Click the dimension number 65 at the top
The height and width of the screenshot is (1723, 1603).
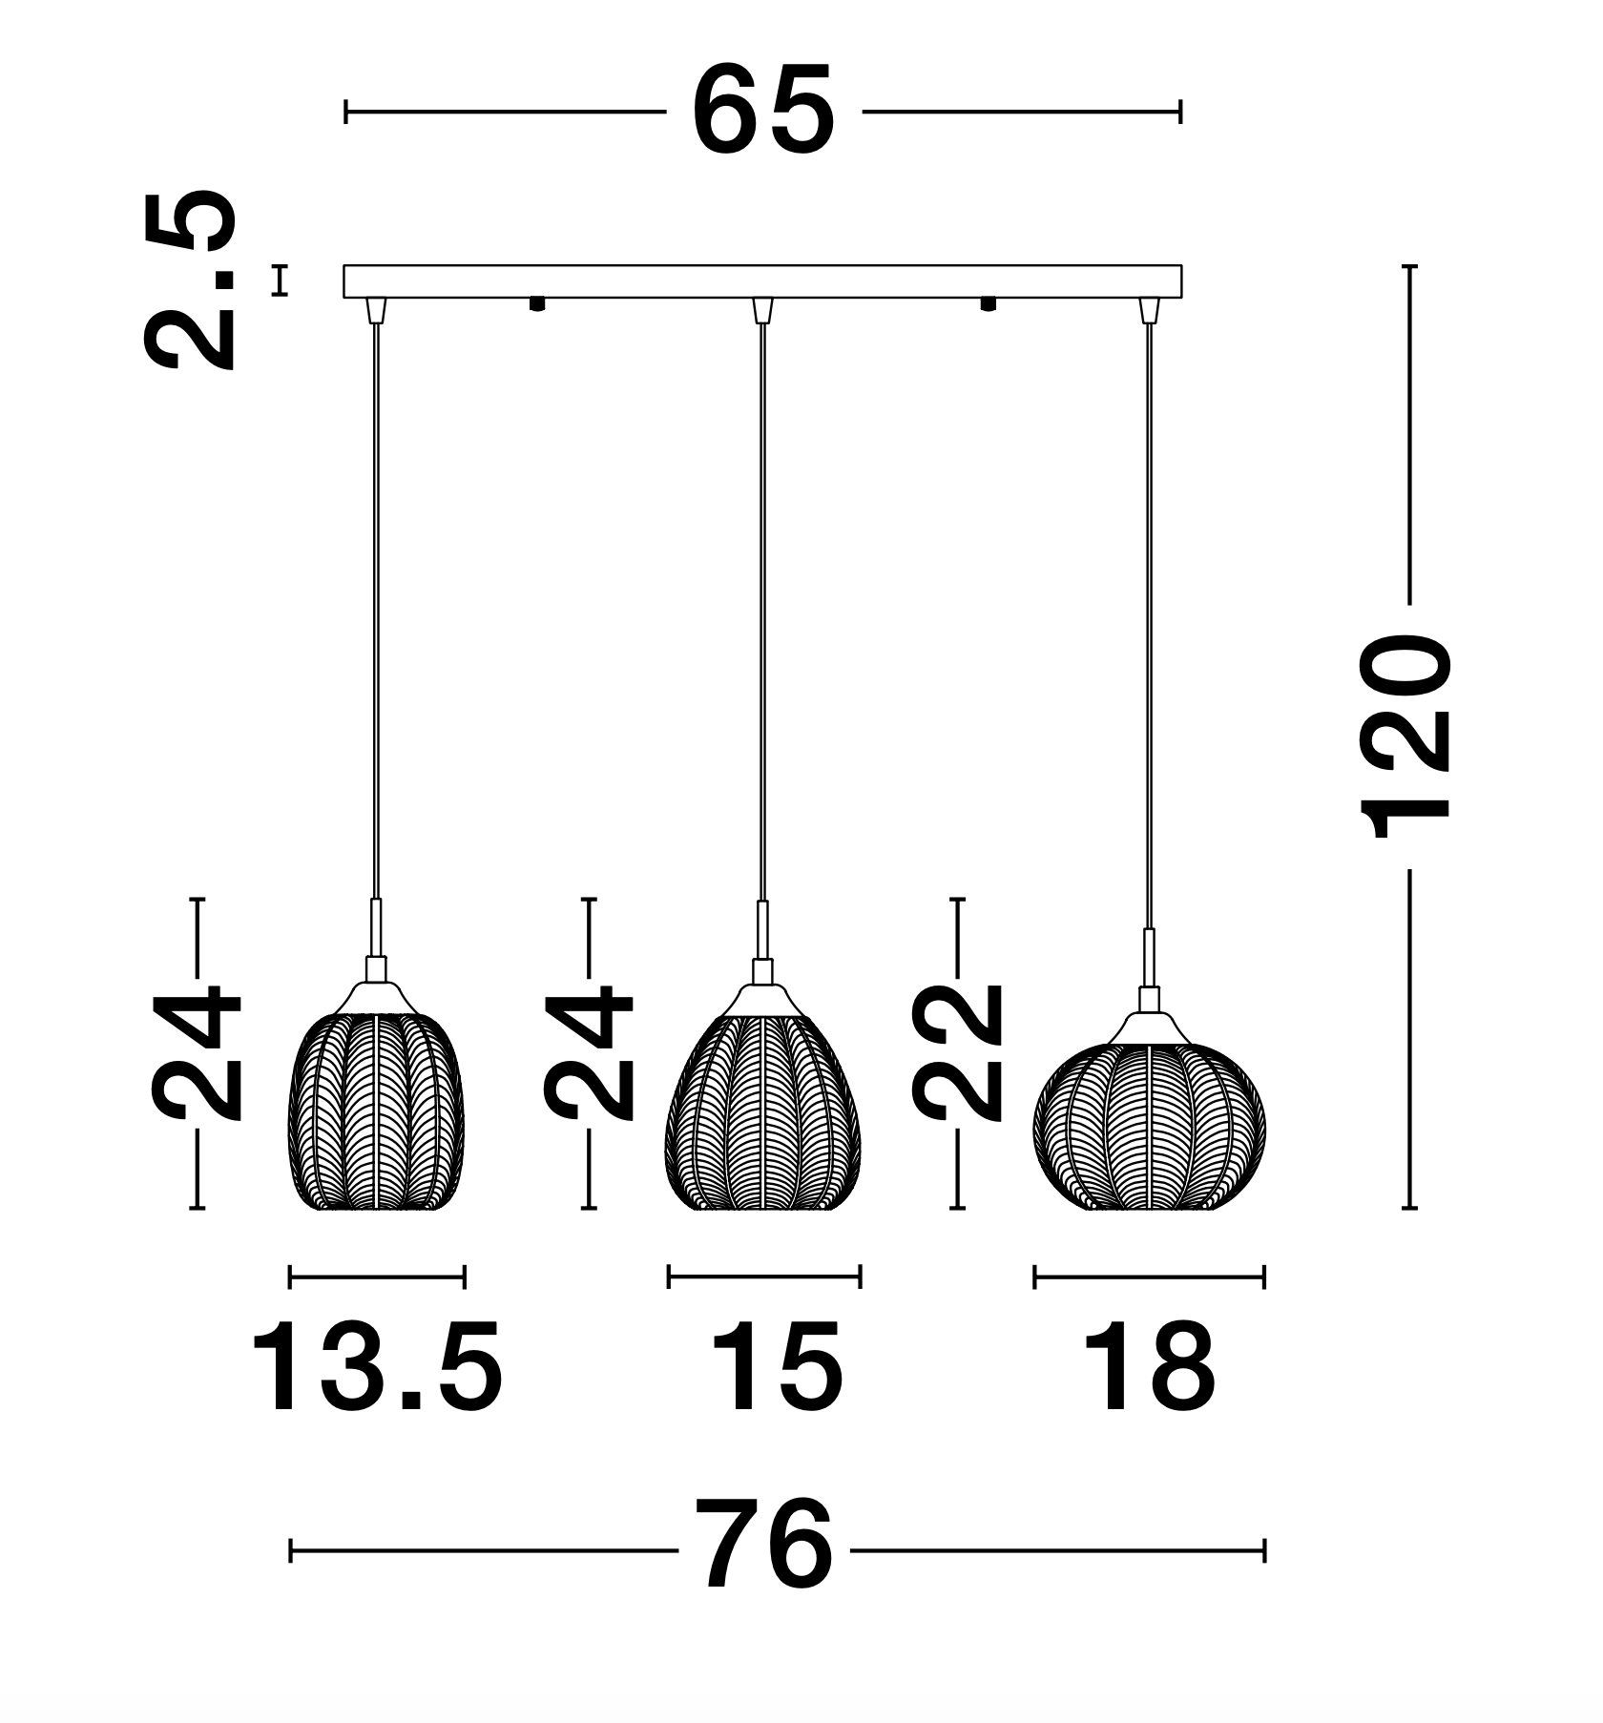763,112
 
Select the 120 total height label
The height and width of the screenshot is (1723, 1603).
1406,737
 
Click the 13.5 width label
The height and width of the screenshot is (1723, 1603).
376,1367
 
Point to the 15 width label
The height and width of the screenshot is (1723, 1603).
776,1367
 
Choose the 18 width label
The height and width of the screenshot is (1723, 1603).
1149,1367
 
